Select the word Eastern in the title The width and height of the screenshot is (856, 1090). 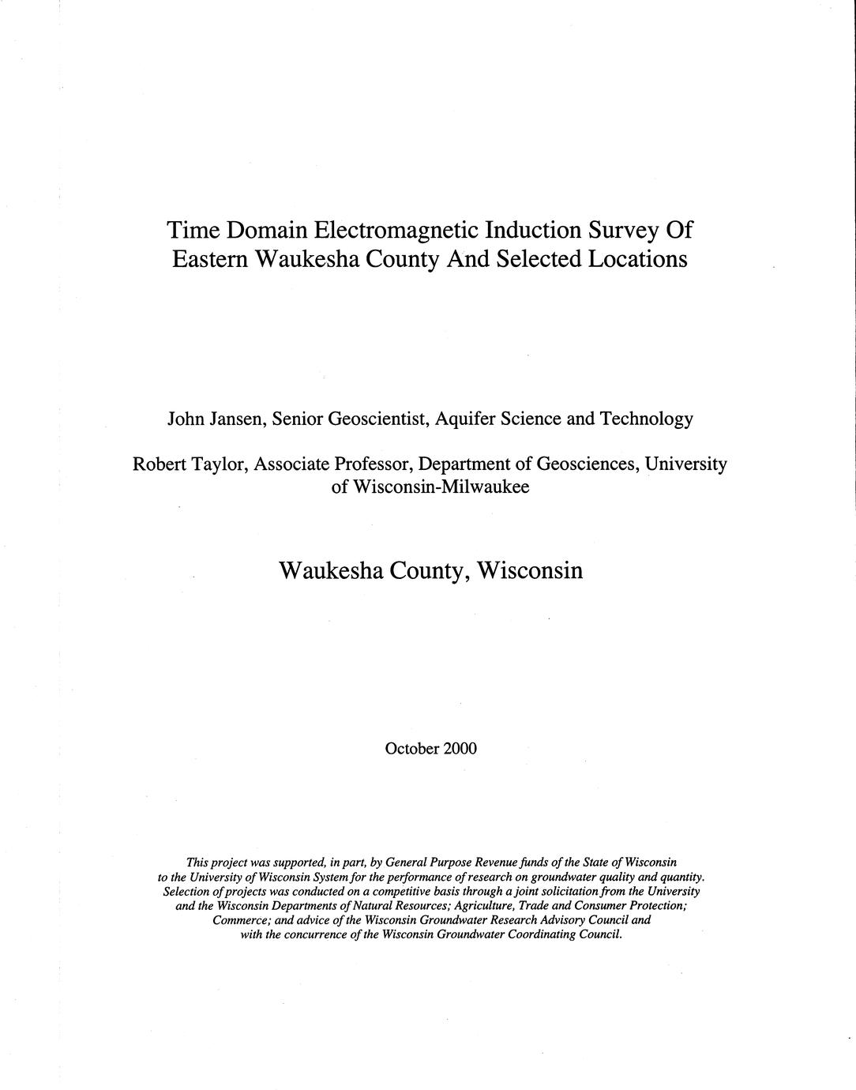point(209,258)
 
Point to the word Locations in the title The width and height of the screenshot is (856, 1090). point(638,258)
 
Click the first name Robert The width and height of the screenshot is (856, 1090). point(159,464)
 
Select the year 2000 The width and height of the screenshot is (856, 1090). point(460,747)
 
